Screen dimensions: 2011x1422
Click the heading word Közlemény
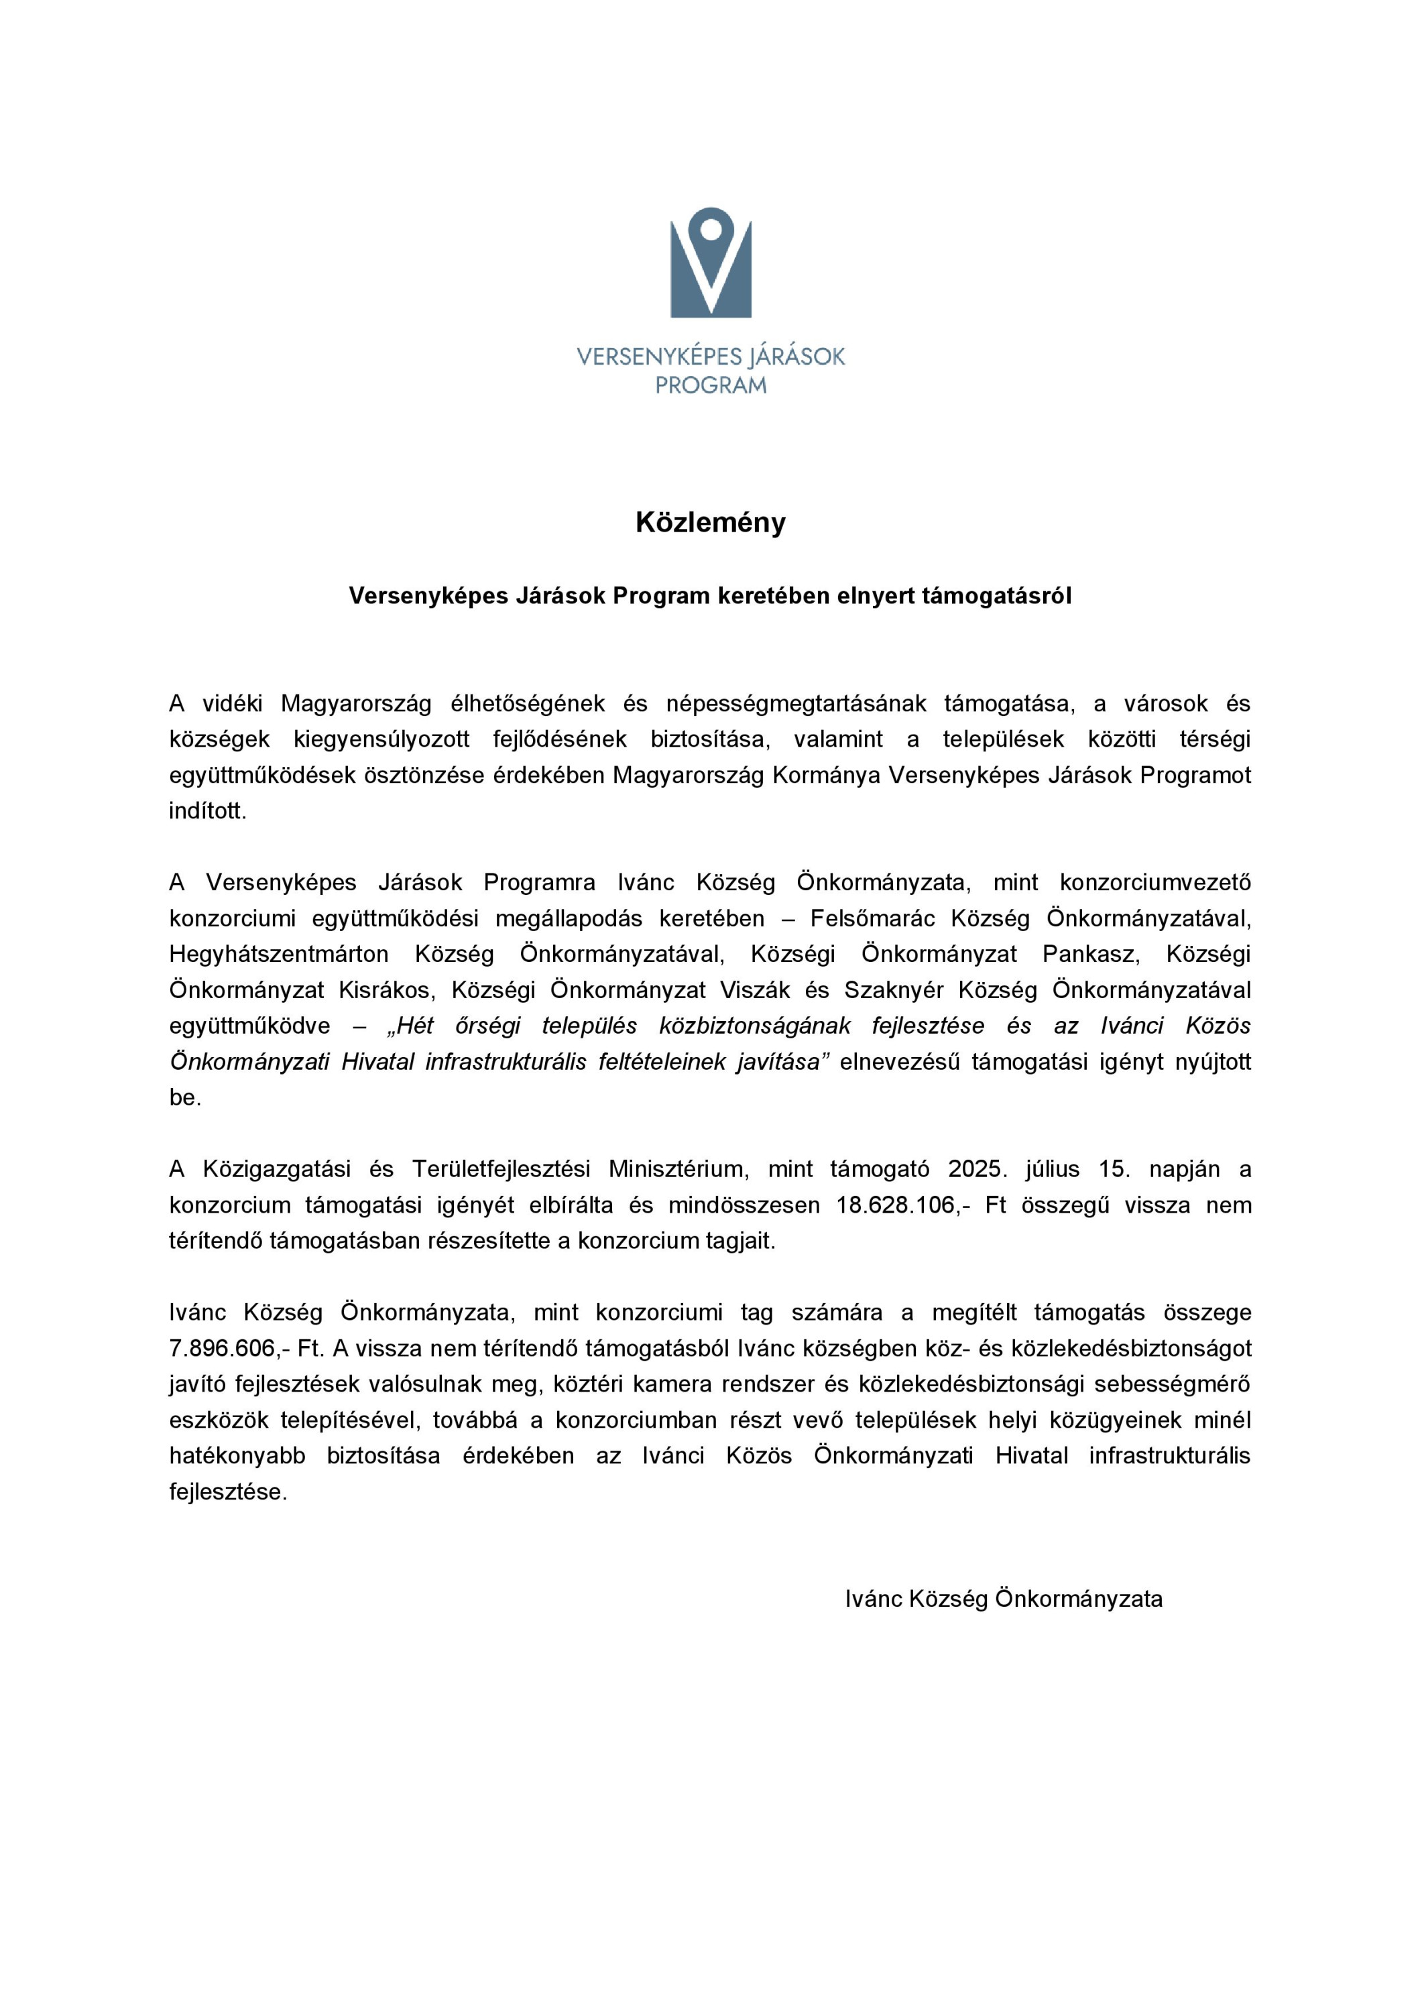(711, 523)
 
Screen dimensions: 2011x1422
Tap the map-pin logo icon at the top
(711, 262)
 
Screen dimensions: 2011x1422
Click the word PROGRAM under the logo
(711, 385)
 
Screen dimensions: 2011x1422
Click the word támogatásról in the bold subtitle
(996, 596)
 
